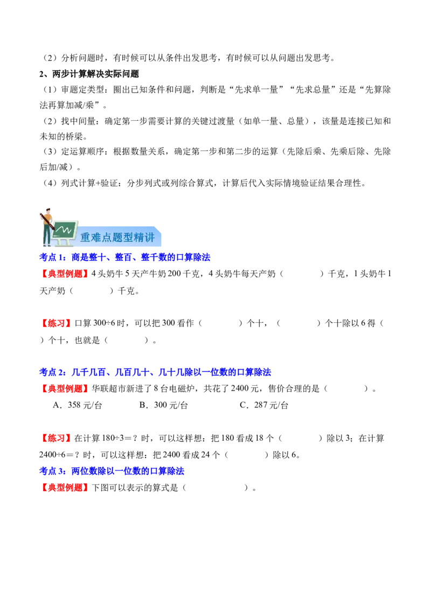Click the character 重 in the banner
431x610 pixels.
(86, 238)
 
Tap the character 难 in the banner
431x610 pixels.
(97, 238)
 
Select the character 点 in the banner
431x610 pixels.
(108, 238)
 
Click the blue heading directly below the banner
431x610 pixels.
(124, 258)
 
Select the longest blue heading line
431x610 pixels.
(155, 372)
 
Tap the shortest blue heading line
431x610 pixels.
(112, 472)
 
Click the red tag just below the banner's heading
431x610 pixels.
(65, 274)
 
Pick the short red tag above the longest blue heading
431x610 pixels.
(56, 323)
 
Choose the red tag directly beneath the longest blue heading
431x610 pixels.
(65, 389)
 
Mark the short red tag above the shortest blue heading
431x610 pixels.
(56, 438)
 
